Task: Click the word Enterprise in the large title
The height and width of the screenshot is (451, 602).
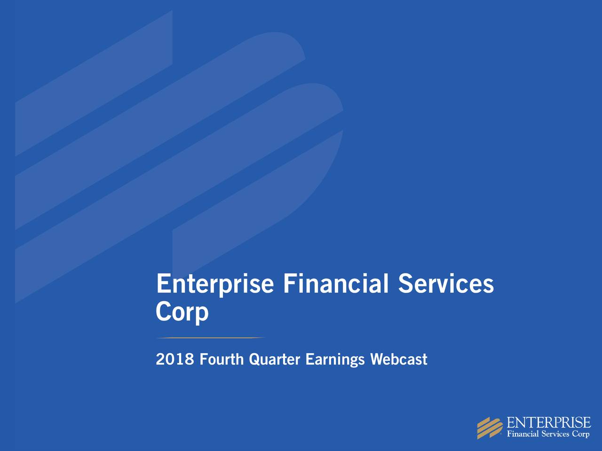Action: coord(214,285)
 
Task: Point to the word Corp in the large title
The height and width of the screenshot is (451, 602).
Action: coord(182,312)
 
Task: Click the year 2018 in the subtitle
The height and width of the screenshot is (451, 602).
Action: coord(174,360)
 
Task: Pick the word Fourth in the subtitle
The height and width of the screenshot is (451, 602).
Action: coord(221,360)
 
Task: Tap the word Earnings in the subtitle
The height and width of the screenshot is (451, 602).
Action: coord(335,361)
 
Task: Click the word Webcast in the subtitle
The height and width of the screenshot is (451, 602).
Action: coord(399,360)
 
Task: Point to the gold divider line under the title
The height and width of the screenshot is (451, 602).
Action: coord(211,338)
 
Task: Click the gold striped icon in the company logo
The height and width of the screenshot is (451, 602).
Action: coord(490,428)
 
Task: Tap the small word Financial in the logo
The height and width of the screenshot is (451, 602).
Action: coord(523,435)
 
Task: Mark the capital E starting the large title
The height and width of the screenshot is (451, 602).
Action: coord(162,284)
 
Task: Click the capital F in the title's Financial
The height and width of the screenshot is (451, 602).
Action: coord(288,284)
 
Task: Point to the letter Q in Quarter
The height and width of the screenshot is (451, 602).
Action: coord(253,360)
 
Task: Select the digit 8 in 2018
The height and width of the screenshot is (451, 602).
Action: coord(189,360)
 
